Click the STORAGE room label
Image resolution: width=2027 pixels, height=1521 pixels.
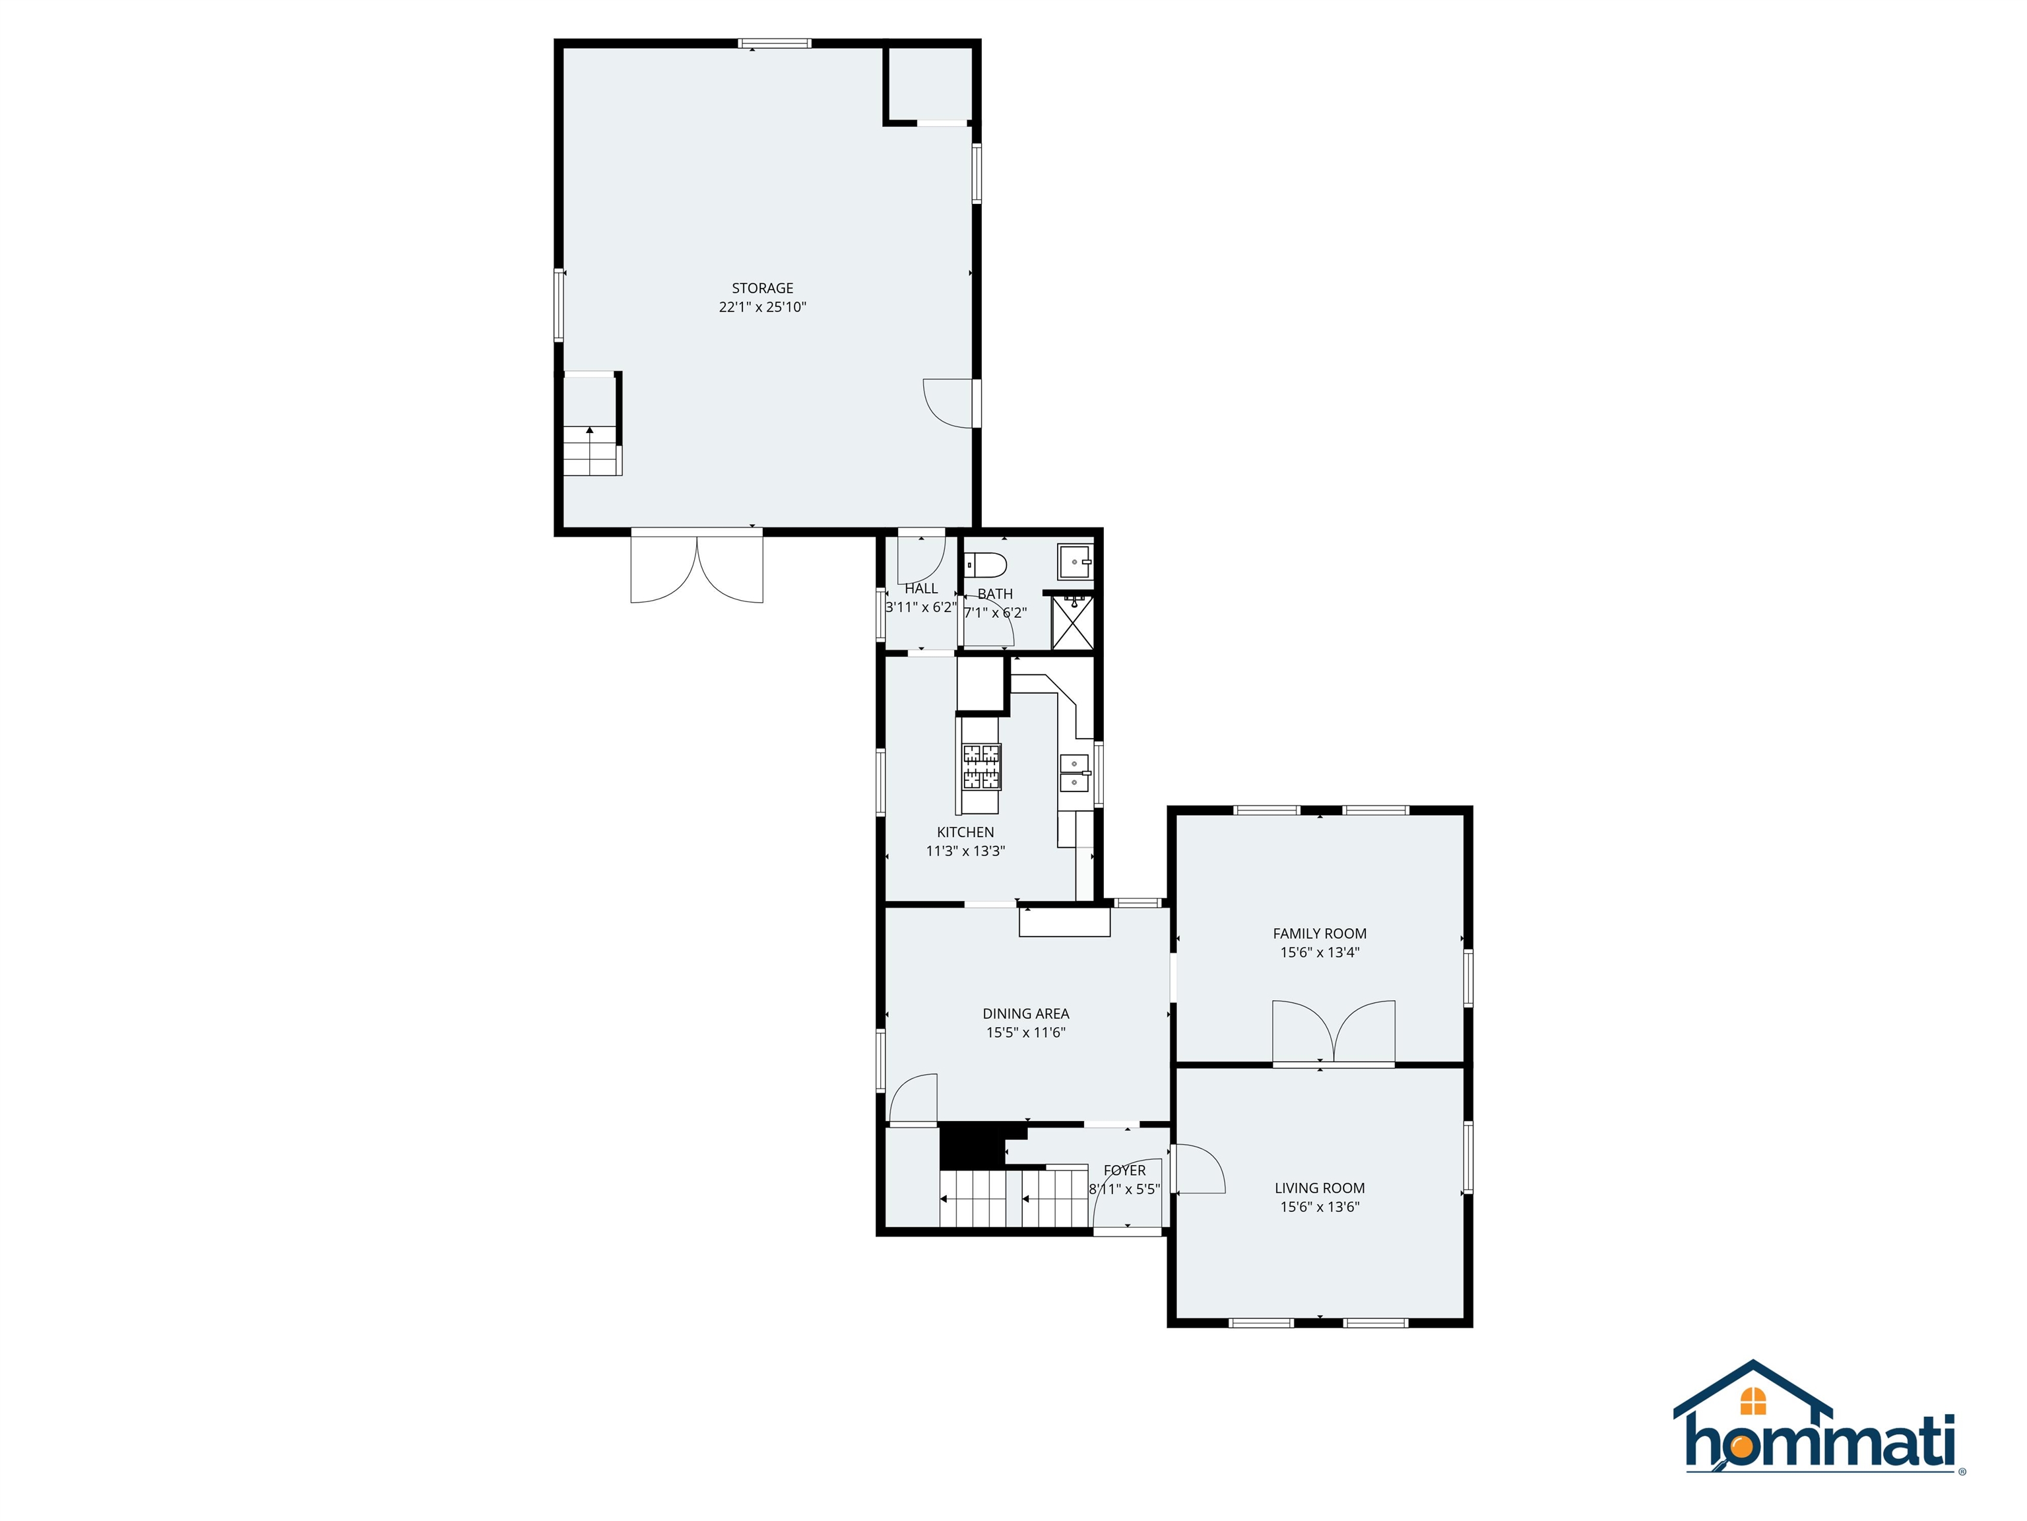pyautogui.click(x=762, y=288)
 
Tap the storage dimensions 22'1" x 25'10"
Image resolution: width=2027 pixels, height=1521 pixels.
pyautogui.click(x=762, y=307)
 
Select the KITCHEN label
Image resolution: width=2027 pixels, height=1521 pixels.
pyautogui.click(x=965, y=832)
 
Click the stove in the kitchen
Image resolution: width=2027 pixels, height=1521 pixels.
pyautogui.click(x=981, y=766)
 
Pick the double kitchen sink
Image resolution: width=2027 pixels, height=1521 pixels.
pyautogui.click(x=1074, y=773)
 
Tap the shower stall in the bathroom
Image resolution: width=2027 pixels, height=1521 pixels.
pyautogui.click(x=1072, y=623)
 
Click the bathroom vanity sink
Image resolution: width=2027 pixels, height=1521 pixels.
pyautogui.click(x=1075, y=561)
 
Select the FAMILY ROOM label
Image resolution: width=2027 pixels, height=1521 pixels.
pyautogui.click(x=1320, y=933)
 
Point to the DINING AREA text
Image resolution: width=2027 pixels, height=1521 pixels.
pyautogui.click(x=1025, y=1014)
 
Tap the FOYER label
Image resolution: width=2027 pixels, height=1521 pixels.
pyautogui.click(x=1124, y=1170)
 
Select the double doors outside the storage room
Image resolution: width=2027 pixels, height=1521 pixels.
pyautogui.click(x=696, y=568)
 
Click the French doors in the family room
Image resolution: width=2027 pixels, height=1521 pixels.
pyautogui.click(x=1334, y=1032)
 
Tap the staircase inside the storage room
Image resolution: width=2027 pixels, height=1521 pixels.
pyautogui.click(x=591, y=450)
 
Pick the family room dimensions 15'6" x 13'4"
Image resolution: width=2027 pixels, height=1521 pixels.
pyautogui.click(x=1320, y=953)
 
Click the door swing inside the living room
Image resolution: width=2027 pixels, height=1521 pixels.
pyautogui.click(x=1200, y=1170)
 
